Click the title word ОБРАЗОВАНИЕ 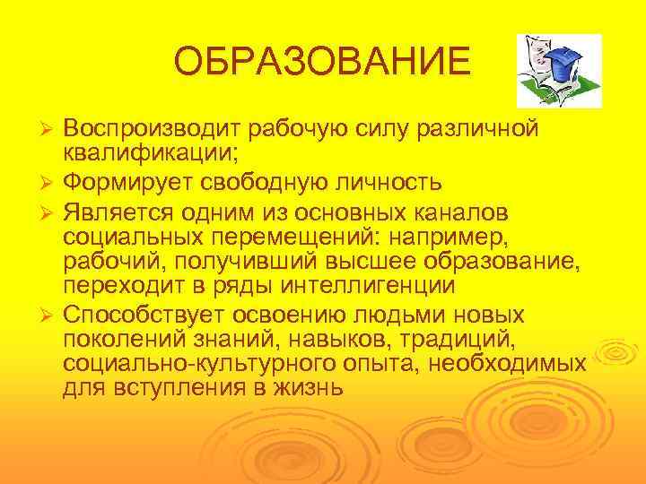321,63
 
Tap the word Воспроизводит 152,128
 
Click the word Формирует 133,183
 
